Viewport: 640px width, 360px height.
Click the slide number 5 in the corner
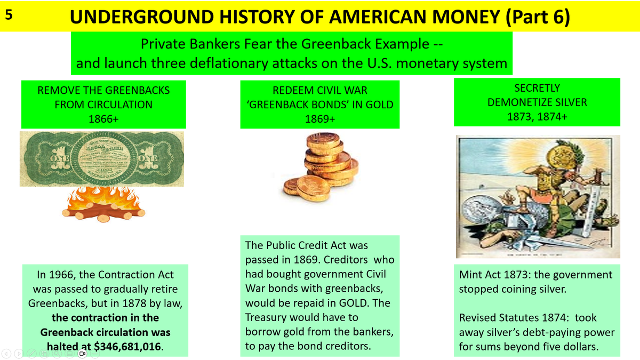[x=9, y=15]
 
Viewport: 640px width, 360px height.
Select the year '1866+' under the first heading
[x=103, y=119]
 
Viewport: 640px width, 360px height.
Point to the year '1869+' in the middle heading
[x=319, y=119]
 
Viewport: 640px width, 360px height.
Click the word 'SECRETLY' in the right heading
[x=537, y=88]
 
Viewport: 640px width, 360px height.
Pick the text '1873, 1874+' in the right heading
[x=537, y=116]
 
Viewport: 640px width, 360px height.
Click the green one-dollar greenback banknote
[x=102, y=159]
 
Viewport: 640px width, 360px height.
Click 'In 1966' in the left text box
[x=57, y=275]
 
